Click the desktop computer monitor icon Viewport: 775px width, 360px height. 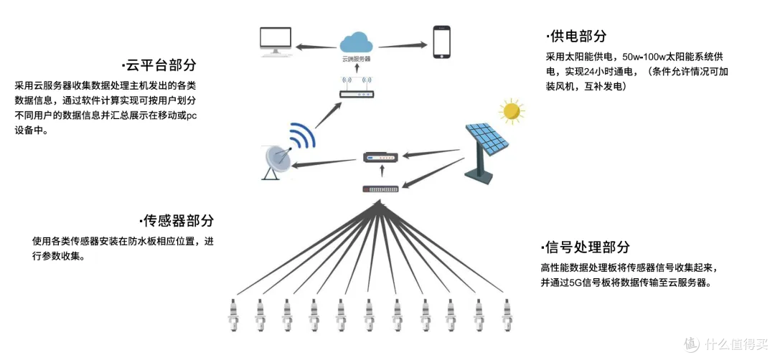pos(276,42)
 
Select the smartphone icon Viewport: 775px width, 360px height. pos(441,42)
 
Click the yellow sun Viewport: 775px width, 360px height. pos(511,110)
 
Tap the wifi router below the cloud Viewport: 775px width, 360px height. pos(356,90)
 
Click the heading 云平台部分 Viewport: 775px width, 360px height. pos(159,65)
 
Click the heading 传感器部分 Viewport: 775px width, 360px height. pos(178,220)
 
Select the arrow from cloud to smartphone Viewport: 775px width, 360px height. pos(399,46)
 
